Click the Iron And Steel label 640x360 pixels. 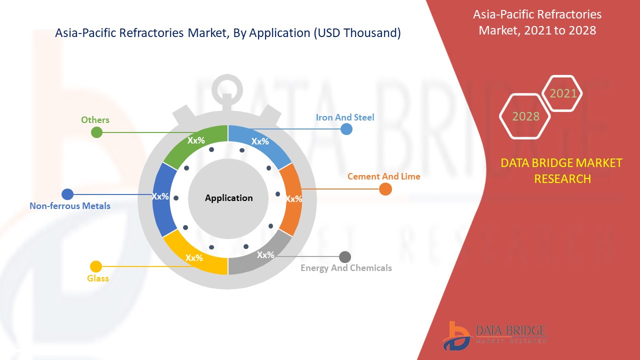point(345,117)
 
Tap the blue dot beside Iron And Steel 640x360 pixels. point(346,129)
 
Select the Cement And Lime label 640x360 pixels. point(383,176)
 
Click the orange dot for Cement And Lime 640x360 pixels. point(385,189)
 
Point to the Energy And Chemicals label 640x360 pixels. point(346,268)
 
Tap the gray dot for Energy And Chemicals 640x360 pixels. point(345,257)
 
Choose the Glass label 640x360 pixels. point(97,278)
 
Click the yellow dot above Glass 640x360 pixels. point(96,266)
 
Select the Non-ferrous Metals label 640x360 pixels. point(70,205)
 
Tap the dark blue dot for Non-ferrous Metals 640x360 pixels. point(67,194)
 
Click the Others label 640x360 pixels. point(95,119)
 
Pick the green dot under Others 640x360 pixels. point(96,132)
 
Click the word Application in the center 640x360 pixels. point(228,198)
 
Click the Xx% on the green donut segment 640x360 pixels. point(196,140)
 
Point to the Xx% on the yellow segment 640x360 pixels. point(194,257)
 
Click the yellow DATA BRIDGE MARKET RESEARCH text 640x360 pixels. point(561,171)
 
